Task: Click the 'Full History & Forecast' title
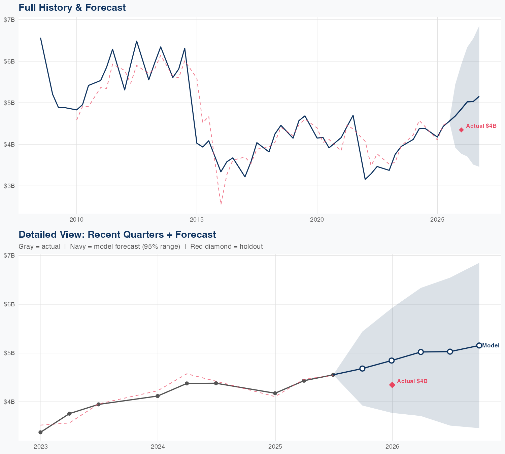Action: (x=72, y=7)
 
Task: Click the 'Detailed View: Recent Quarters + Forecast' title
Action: (x=117, y=234)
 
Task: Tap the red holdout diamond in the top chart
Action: (x=461, y=130)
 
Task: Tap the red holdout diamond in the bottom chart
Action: (x=392, y=385)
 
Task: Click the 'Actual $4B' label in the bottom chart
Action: (x=412, y=381)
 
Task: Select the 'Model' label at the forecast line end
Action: (x=491, y=345)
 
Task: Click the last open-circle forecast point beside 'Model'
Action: (x=479, y=345)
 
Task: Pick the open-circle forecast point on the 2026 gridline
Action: (x=392, y=361)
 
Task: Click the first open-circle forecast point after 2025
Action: (x=362, y=368)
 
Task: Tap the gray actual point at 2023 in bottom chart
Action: (x=40, y=432)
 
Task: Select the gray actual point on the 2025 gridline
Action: (x=275, y=393)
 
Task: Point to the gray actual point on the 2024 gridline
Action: (x=158, y=396)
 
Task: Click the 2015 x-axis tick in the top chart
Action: (x=197, y=220)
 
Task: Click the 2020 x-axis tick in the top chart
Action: (x=317, y=220)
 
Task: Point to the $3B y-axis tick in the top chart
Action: (x=9, y=186)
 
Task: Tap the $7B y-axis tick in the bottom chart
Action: (x=9, y=255)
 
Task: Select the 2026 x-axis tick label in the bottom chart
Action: (x=392, y=447)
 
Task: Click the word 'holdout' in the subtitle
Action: (x=251, y=247)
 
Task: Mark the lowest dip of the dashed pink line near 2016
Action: (x=221, y=204)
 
